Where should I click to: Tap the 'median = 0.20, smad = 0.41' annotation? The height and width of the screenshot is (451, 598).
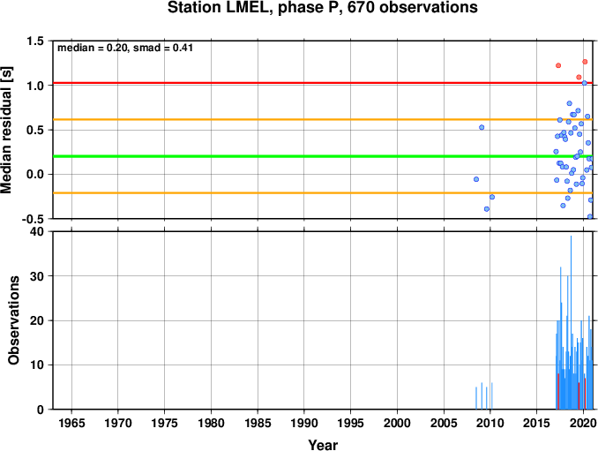(125, 48)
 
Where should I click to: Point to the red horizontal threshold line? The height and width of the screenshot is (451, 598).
(323, 83)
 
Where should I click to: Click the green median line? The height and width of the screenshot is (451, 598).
(323, 156)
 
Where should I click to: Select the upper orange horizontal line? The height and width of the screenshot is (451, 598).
(323, 119)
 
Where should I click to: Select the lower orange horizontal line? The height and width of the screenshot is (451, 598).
(323, 192)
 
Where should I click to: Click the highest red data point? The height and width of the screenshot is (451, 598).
(585, 62)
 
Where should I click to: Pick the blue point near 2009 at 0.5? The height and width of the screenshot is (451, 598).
(482, 127)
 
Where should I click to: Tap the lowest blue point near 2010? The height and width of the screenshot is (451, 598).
(487, 208)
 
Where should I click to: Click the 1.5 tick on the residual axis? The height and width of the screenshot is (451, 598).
(34, 41)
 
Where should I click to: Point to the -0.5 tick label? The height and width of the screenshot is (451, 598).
(33, 220)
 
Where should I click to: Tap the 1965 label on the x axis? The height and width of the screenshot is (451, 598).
(71, 423)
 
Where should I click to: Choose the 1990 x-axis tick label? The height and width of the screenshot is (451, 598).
(304, 423)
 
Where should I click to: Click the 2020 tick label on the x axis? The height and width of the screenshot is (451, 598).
(583, 423)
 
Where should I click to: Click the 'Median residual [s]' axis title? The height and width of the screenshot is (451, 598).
(6, 130)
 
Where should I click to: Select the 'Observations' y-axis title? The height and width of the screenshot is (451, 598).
(14, 320)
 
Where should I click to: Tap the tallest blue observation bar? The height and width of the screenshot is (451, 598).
(571, 322)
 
